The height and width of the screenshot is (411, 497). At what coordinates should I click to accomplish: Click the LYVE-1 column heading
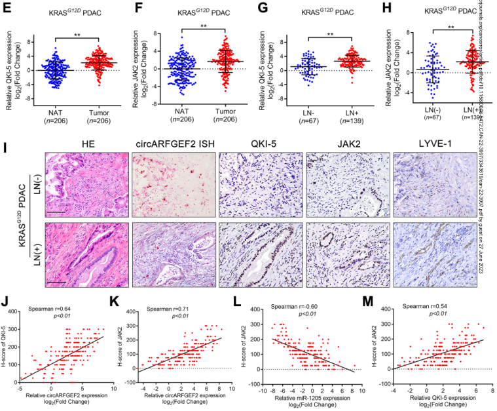pos(433,144)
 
